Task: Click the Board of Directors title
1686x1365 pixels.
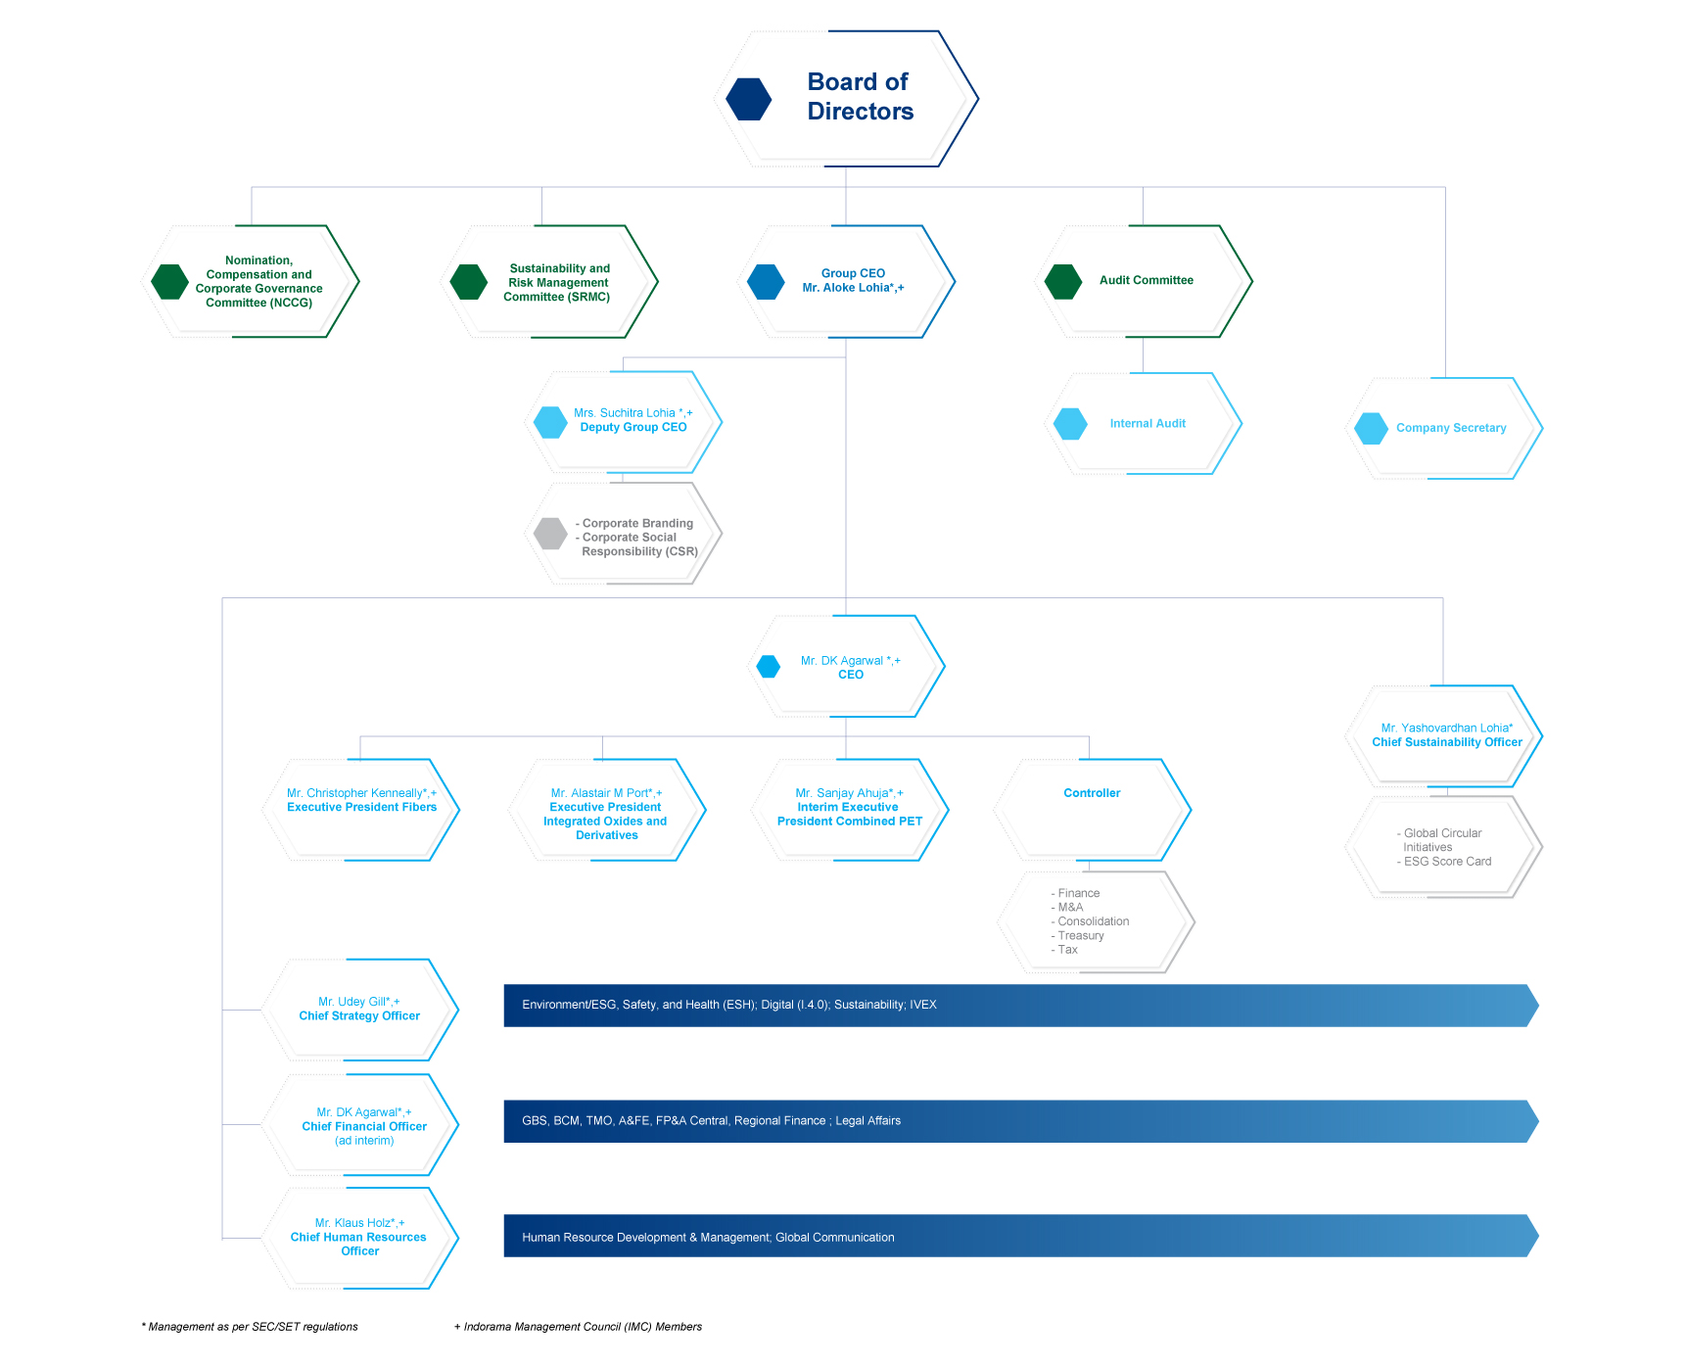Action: [860, 96]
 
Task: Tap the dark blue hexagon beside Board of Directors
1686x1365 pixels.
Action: [749, 99]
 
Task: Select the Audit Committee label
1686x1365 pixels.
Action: [1146, 280]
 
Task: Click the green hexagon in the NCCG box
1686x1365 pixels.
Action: [169, 282]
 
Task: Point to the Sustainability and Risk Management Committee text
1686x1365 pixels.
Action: [558, 282]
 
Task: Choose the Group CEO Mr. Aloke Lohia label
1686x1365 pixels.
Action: [853, 280]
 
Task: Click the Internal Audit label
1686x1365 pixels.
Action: [1147, 424]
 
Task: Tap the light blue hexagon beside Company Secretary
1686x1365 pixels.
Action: [1371, 428]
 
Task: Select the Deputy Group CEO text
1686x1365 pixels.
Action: [633, 427]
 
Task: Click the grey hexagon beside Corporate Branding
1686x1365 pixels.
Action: [550, 534]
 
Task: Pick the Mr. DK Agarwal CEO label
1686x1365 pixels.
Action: [850, 668]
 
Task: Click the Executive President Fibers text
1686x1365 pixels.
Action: [361, 807]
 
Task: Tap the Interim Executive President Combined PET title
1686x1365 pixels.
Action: [850, 814]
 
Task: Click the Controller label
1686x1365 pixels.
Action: [1092, 793]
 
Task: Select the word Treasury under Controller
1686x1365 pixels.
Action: [1081, 935]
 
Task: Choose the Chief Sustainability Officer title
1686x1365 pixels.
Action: [1447, 742]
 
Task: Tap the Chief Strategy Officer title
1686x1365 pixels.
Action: [359, 1015]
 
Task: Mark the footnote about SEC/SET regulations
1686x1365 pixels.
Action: [250, 1327]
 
